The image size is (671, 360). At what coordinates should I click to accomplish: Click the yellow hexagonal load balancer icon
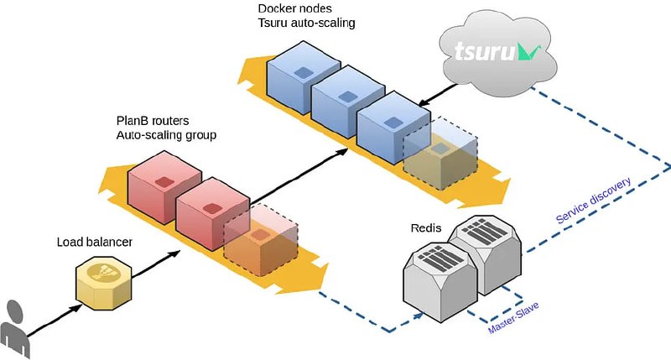point(103,283)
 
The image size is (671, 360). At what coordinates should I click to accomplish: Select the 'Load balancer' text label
point(95,243)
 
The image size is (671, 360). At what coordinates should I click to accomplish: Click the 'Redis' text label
point(426,227)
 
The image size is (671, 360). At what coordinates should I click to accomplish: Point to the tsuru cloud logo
point(498,53)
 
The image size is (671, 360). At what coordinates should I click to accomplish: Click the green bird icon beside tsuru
point(529,52)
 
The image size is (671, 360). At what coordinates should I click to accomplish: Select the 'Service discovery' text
point(594,201)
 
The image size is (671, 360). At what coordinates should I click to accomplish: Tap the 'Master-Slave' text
point(513,317)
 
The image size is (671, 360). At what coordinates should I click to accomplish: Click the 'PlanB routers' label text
point(153,121)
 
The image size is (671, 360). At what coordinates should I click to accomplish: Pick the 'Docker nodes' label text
point(295,8)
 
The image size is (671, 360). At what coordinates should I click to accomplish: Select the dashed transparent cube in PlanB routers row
point(261,240)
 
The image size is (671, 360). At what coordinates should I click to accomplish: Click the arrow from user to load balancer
point(55,320)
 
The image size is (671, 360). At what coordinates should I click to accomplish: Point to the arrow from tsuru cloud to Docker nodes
point(439,95)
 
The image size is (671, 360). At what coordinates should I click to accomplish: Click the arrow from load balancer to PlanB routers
point(156,264)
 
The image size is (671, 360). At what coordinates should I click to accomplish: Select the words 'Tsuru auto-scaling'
point(306,23)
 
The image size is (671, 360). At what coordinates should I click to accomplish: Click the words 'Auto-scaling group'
point(166,135)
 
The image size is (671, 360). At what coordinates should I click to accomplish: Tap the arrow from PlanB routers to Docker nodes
point(299,176)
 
